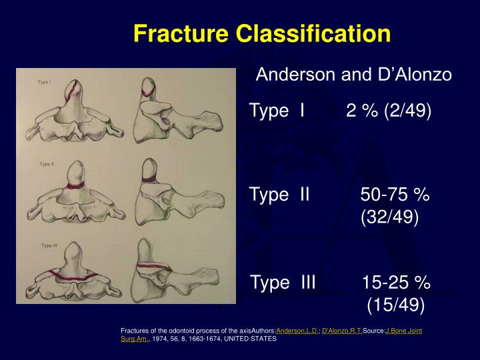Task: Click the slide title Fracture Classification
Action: point(261,33)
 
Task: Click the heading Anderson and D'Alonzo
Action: point(353,75)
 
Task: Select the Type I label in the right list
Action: point(277,111)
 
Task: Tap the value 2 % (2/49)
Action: point(389,111)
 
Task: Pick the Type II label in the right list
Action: point(279,194)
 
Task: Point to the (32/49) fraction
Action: point(390,217)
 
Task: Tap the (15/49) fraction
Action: point(395,305)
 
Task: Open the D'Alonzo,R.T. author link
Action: point(342,331)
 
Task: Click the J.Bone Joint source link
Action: point(403,331)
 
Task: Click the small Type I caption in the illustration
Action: point(45,82)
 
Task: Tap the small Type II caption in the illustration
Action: point(47,163)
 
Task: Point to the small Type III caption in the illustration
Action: point(49,245)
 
